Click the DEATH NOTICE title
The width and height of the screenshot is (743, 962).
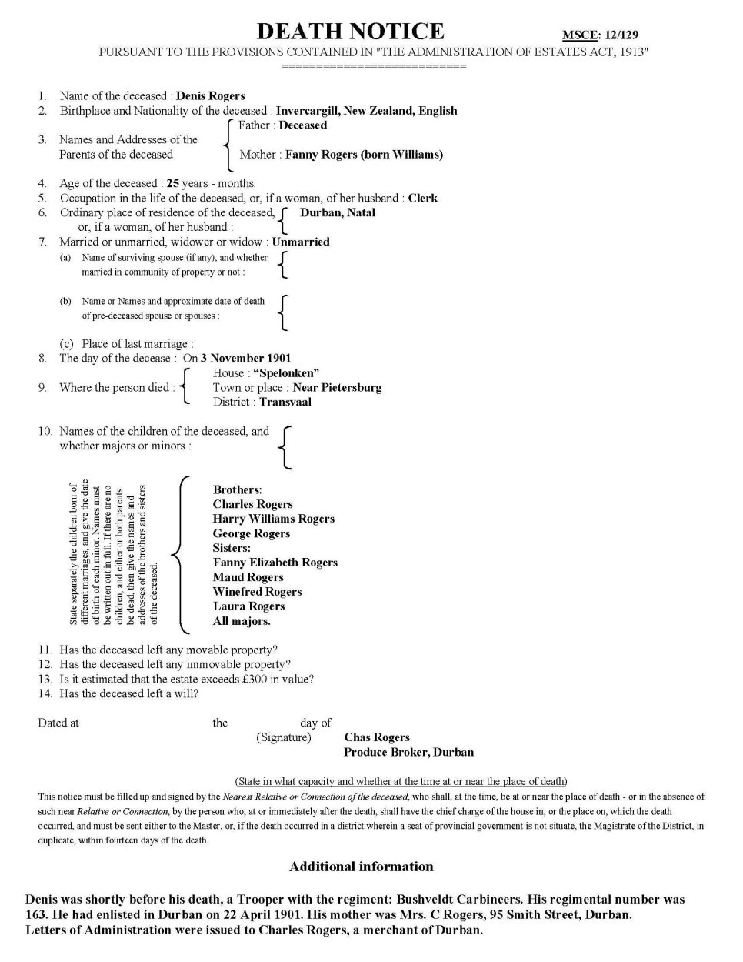(350, 32)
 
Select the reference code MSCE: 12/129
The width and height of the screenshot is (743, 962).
(600, 35)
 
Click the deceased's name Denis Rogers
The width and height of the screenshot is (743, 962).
(210, 96)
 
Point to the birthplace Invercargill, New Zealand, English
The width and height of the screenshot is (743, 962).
(366, 111)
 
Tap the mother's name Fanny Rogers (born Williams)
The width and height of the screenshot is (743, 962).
(364, 155)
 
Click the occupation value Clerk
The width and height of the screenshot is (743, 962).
(422, 199)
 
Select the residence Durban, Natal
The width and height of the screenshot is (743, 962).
(338, 213)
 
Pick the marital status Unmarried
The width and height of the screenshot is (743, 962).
(301, 242)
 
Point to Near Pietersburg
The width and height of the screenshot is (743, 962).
(337, 388)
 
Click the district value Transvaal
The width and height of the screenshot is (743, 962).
(285, 403)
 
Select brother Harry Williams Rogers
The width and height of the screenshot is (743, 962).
(274, 519)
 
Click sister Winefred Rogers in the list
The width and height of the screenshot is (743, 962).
(257, 593)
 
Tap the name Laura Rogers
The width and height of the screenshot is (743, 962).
(248, 606)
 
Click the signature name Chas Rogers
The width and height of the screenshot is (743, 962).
(377, 738)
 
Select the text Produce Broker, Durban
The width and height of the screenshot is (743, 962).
(408, 753)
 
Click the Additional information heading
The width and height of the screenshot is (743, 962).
(361, 867)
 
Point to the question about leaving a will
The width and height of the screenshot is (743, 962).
(128, 694)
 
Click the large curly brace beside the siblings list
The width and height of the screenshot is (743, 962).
(178, 554)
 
